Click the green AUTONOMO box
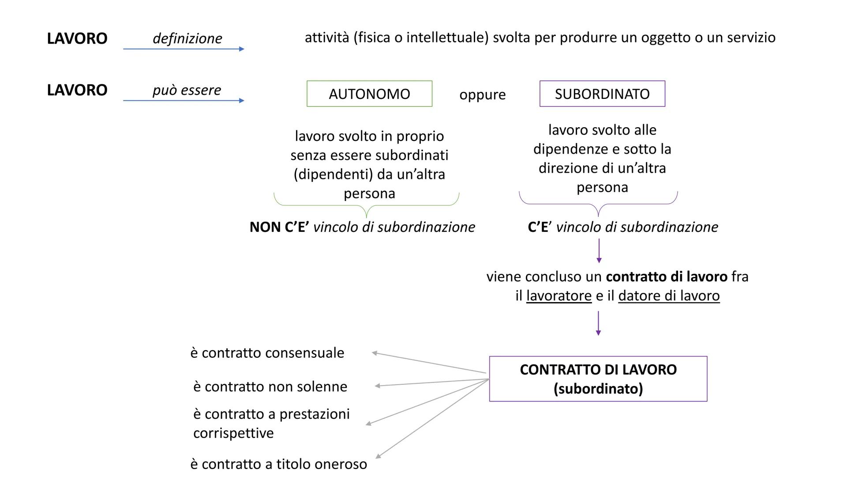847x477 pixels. [x=369, y=94]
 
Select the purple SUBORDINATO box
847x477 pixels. [x=602, y=94]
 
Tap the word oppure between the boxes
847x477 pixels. [x=482, y=95]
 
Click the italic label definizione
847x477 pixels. [x=187, y=38]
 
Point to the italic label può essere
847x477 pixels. [x=187, y=90]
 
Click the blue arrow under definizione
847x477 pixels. [x=184, y=49]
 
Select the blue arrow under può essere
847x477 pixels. [x=184, y=101]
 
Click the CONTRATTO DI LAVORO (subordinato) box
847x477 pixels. [x=598, y=379]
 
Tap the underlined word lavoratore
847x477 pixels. [x=558, y=295]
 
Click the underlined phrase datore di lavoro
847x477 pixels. [x=669, y=295]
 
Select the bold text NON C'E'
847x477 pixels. [x=279, y=227]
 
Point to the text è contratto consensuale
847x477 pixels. [x=267, y=353]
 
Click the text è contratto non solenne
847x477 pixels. [x=270, y=386]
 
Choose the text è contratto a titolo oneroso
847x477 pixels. [x=278, y=464]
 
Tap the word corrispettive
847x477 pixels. [x=233, y=433]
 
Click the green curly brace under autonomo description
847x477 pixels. [x=366, y=206]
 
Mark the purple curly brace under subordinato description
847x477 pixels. [x=598, y=204]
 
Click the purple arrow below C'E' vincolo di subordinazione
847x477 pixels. [x=599, y=251]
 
